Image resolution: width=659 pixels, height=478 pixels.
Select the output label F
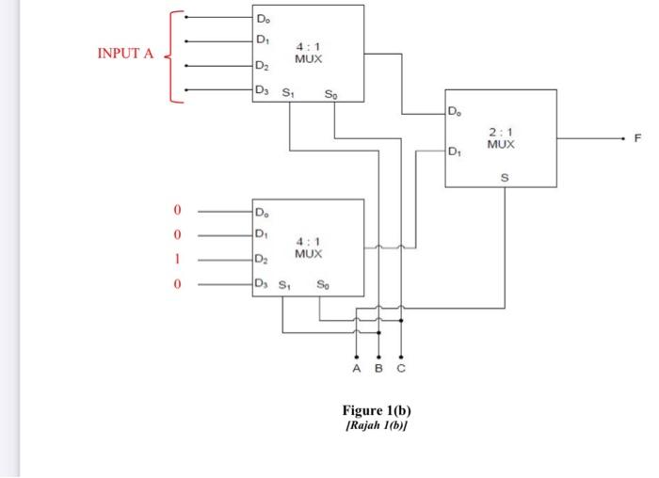pos(637,138)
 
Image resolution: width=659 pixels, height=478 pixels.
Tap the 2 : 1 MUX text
pos(500,138)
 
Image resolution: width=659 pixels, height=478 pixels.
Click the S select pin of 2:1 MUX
pos(504,176)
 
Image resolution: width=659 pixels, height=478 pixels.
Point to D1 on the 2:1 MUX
pos(455,151)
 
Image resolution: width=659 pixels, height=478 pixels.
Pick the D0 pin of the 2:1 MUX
pos(456,113)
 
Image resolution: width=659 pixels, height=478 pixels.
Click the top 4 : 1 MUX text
pos(308,52)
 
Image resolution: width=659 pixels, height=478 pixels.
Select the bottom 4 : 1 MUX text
pos(308,248)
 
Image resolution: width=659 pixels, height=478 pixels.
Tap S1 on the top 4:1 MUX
pos(289,93)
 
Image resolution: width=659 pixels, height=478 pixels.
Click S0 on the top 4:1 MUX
pos(329,93)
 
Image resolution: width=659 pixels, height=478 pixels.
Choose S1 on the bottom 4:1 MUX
pos(284,285)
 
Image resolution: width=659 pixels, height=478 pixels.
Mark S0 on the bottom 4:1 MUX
pos(323,285)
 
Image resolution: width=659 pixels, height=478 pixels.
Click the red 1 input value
pos(175,259)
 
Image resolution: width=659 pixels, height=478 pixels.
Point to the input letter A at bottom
pos(357,370)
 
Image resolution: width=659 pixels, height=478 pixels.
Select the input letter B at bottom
pos(378,370)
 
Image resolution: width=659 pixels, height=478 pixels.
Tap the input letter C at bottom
pos(401,370)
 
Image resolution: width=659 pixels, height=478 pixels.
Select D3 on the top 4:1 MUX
pos(263,90)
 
